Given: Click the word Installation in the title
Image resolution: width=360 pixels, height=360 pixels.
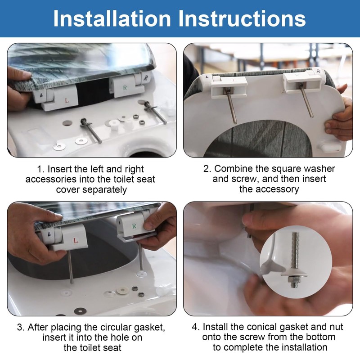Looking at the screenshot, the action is tap(112, 18).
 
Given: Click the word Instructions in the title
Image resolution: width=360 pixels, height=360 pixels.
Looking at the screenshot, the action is tap(242, 18).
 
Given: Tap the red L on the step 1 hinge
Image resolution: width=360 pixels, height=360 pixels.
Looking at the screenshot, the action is tap(67, 100).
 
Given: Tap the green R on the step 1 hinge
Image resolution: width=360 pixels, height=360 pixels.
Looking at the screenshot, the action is tap(125, 88).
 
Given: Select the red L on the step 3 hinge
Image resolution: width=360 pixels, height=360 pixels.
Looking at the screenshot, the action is tap(75, 240).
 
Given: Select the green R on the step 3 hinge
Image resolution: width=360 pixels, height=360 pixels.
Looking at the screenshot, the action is tap(134, 226).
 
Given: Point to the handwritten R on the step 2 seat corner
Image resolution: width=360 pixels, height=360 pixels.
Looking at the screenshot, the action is tap(318, 71).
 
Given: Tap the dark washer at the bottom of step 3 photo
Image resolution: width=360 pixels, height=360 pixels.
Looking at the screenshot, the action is tap(81, 311).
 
